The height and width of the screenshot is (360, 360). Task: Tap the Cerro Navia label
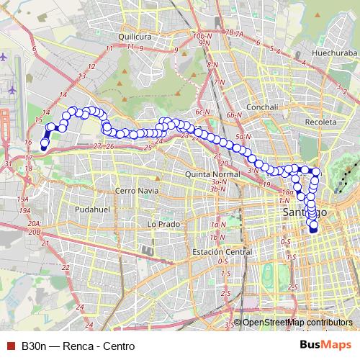coord(135,191)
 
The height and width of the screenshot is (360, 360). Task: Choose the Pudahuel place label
coord(91,209)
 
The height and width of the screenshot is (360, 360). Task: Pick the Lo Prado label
coord(162,224)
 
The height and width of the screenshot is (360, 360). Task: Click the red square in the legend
coord(10,346)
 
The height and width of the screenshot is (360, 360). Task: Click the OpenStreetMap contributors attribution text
coord(297,322)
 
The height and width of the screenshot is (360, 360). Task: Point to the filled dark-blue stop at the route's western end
coord(44,143)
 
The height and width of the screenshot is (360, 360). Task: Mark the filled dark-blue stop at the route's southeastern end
coord(313,229)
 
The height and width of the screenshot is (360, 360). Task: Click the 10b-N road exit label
coord(203,35)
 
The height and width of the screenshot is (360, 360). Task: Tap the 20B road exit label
coord(35,232)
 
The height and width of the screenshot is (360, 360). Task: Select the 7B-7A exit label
coord(235,32)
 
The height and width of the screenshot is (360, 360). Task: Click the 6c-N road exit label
coord(202,112)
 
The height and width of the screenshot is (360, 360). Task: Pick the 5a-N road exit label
coord(241,135)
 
